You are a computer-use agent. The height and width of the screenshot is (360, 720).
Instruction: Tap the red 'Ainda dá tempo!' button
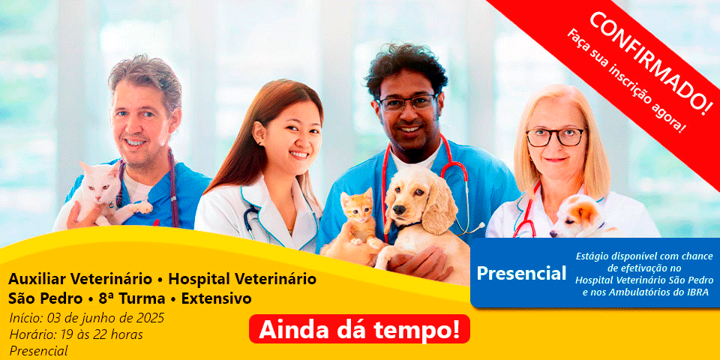[359, 329]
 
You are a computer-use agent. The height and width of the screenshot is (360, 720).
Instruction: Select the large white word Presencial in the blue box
[521, 273]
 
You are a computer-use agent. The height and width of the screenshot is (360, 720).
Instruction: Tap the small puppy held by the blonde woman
[580, 217]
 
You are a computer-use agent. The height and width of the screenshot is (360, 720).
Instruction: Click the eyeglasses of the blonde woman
[556, 136]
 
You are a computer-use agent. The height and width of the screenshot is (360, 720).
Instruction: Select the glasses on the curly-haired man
[406, 103]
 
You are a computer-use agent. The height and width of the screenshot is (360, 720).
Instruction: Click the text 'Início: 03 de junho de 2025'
[86, 318]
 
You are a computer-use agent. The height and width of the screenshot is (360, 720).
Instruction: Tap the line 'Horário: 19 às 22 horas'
[76, 334]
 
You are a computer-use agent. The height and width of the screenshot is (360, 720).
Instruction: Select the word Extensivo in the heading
[216, 299]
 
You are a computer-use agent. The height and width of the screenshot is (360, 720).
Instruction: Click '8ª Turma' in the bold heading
[132, 299]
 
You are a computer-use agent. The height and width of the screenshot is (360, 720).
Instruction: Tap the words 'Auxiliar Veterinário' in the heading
[80, 279]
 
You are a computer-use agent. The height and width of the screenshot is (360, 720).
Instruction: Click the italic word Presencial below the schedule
[38, 351]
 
